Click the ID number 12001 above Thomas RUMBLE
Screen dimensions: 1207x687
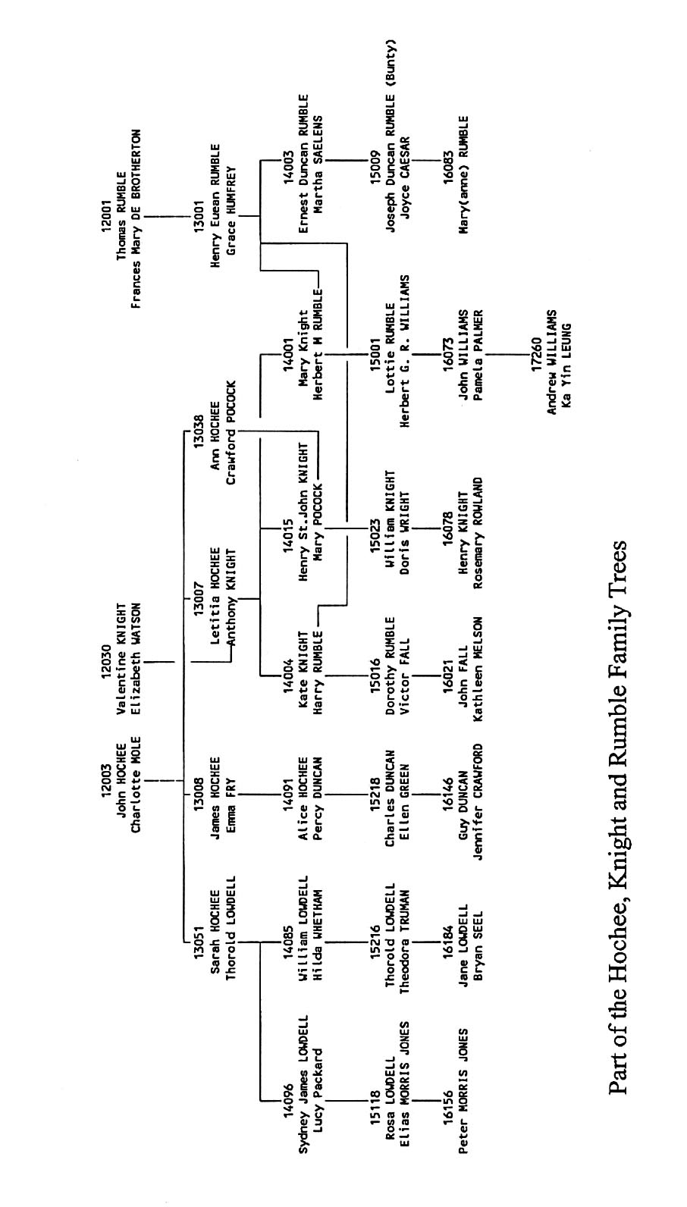(x=105, y=217)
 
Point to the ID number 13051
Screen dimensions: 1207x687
(x=199, y=941)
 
